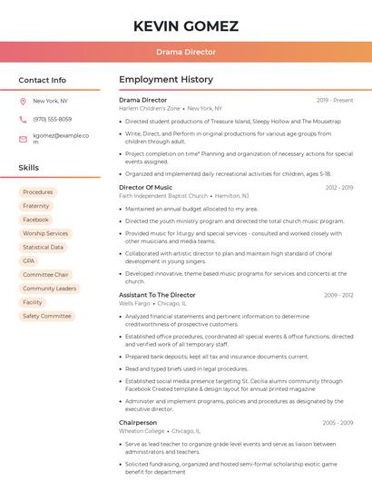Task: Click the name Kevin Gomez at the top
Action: click(186, 25)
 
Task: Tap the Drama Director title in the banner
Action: click(186, 52)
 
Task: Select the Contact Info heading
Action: click(43, 80)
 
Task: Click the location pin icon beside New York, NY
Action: click(23, 102)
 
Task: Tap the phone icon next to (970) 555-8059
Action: click(23, 120)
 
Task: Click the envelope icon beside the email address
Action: click(23, 139)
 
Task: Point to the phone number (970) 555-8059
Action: click(53, 120)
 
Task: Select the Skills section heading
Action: click(29, 168)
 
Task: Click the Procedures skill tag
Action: click(38, 192)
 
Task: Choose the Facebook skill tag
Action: click(36, 220)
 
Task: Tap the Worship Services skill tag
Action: click(45, 233)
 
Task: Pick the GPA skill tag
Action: click(29, 260)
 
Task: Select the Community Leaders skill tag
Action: click(49, 289)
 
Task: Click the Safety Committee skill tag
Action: click(46, 316)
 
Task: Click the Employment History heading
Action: click(166, 80)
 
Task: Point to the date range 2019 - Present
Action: click(335, 100)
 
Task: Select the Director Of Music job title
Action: click(145, 187)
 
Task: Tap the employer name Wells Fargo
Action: click(134, 303)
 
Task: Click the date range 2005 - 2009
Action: click(338, 422)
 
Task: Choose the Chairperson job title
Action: click(138, 422)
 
